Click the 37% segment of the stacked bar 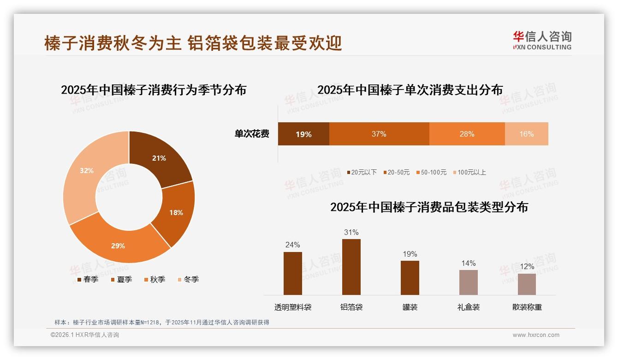point(379,134)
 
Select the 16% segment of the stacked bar point(526,134)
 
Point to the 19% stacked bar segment point(303,134)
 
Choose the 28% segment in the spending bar point(467,134)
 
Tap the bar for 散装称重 point(527,284)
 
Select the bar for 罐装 point(410,277)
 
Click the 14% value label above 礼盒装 point(468,263)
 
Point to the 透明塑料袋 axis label point(293,307)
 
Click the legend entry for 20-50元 point(396,172)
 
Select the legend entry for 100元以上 point(469,172)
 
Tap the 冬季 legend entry point(189,279)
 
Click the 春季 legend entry point(88,279)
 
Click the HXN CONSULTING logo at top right point(542,41)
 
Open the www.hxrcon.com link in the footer point(536,335)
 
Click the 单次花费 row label point(252,134)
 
